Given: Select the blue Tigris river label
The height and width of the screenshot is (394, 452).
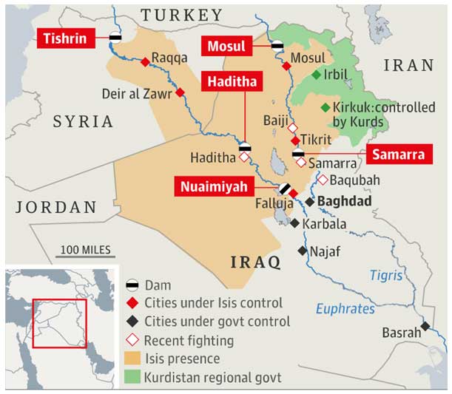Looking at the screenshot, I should coord(385,276).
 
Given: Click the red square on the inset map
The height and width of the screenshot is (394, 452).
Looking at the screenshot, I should coord(58,322).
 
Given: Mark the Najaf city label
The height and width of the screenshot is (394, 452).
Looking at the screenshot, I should coord(325,251).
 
